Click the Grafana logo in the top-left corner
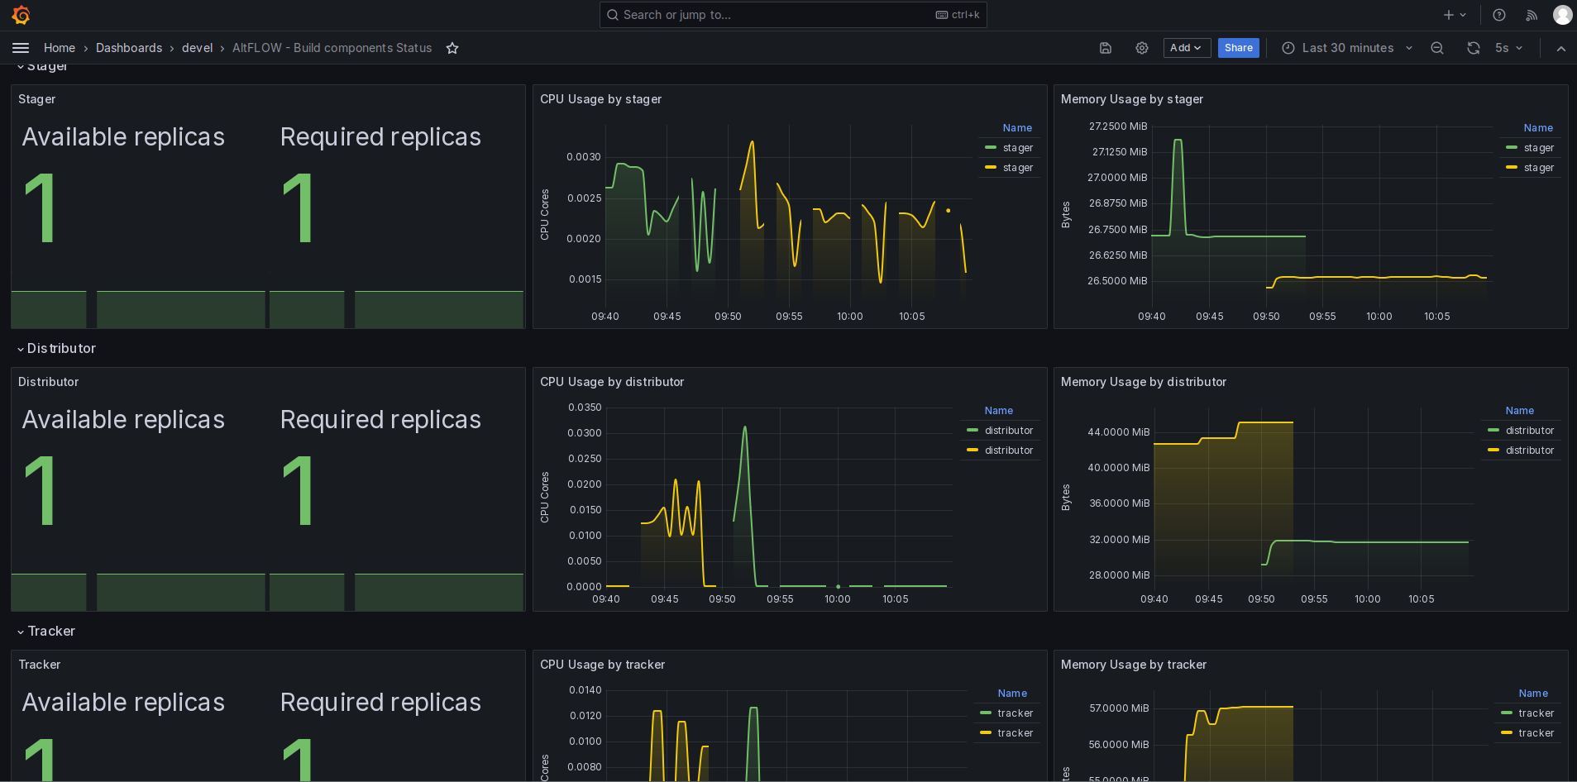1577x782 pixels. click(22, 15)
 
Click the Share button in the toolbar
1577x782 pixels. click(1238, 48)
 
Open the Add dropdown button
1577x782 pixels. click(1187, 48)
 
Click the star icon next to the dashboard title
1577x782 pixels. click(452, 48)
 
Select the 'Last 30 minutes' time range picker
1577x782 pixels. click(1347, 48)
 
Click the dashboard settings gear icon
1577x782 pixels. click(1142, 48)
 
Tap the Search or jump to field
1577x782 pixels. click(792, 15)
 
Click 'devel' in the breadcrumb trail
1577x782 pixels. click(198, 48)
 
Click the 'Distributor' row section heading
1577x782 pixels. click(61, 349)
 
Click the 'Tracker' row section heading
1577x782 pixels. click(51, 632)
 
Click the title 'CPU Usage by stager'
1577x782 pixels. click(601, 99)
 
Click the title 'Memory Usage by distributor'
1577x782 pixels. click(1144, 382)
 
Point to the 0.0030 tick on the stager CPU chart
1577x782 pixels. click(584, 157)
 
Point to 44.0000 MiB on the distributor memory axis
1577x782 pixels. click(1119, 432)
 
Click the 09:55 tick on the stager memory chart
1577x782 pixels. click(1322, 317)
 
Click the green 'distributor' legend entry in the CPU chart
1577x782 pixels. click(1001, 431)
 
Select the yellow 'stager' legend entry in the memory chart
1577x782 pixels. click(1531, 168)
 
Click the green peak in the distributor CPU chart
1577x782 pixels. click(745, 427)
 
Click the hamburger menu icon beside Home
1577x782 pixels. click(21, 48)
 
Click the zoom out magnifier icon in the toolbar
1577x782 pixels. click(1437, 48)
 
